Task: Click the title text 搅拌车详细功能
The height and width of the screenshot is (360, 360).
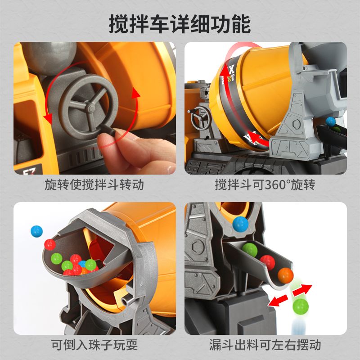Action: (x=180, y=24)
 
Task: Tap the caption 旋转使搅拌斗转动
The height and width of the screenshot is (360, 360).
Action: (x=94, y=185)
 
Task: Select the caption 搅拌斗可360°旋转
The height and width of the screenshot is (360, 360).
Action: (x=265, y=185)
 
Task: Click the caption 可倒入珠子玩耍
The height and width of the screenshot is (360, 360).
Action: (x=94, y=345)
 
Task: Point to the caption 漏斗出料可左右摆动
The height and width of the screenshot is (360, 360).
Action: (x=265, y=345)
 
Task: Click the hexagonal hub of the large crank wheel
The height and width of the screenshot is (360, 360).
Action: (x=90, y=108)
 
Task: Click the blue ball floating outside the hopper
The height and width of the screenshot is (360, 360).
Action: (x=37, y=231)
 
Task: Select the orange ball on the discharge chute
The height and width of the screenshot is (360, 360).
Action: (x=286, y=275)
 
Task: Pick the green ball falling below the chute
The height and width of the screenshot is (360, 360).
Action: (x=301, y=306)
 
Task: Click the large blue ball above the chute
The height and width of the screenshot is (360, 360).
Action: (x=240, y=224)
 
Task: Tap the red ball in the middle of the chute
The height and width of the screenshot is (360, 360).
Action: (x=267, y=262)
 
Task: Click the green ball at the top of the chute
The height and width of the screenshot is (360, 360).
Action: (x=250, y=250)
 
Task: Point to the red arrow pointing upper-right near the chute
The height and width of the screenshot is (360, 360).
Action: (x=302, y=290)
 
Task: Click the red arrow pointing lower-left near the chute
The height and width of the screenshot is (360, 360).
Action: (x=278, y=301)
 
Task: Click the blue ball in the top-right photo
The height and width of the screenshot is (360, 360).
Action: (x=331, y=121)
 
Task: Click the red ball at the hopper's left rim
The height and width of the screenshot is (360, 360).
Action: (x=50, y=245)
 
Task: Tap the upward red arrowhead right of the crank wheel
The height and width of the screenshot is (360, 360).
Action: (x=136, y=94)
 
